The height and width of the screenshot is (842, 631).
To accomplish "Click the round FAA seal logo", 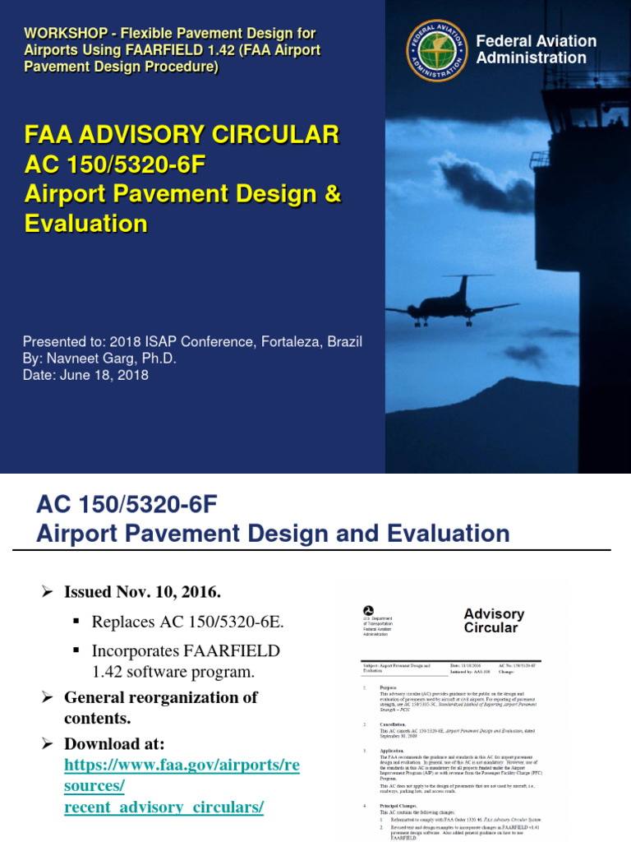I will pos(436,52).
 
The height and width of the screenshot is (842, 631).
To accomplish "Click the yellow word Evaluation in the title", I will pos(85,224).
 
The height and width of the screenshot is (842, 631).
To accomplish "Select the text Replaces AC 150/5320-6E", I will pos(188,621).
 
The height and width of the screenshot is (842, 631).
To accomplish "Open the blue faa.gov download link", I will pos(182,764).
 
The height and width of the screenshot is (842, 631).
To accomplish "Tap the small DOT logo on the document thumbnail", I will pos(367,611).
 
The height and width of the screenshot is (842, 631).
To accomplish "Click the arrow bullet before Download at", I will pos(48,743).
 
